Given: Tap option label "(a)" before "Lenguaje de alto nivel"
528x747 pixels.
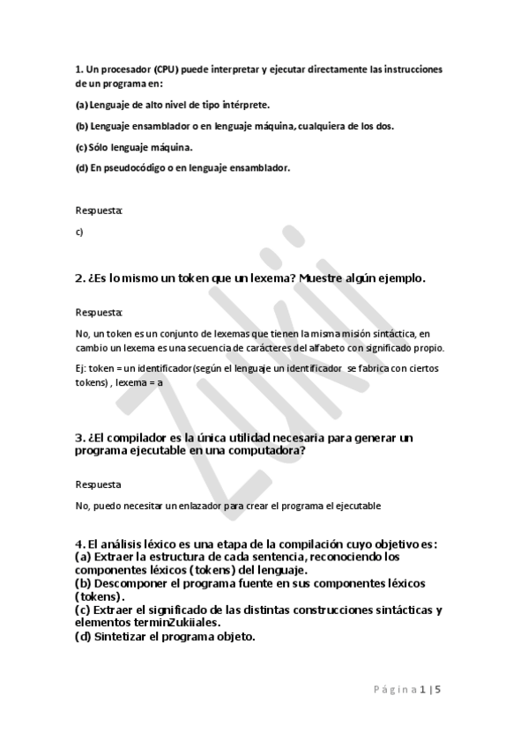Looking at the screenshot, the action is pos(82,104).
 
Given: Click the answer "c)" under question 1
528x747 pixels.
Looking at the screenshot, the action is pos(79,232).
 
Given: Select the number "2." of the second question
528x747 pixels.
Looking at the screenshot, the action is pos(79,278).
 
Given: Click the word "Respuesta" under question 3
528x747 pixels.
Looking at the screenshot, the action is pos(98,484).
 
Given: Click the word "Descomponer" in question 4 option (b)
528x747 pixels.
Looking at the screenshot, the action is pos(130,583).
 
